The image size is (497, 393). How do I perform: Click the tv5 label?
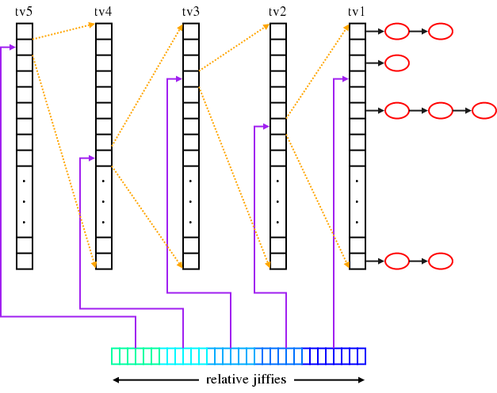[x=24, y=11]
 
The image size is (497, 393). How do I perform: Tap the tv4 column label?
[x=103, y=11]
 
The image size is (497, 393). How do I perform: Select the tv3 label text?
[x=190, y=11]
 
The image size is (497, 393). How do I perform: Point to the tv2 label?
[x=277, y=11]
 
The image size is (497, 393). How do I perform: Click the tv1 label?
[x=357, y=11]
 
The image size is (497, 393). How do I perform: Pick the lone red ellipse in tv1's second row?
[x=396, y=63]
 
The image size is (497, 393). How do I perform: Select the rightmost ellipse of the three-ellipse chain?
[x=484, y=110]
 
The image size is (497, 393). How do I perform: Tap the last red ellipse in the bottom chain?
[x=440, y=261]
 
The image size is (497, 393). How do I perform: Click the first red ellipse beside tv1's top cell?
[x=396, y=32]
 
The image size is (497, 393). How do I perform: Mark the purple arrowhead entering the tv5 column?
[x=13, y=48]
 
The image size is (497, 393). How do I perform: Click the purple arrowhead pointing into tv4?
[x=92, y=158]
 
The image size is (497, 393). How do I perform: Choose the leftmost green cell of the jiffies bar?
[x=116, y=357]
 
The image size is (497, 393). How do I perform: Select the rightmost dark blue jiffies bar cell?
[x=361, y=357]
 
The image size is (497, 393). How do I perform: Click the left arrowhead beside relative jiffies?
[x=117, y=380]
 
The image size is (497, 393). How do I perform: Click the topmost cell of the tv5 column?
[x=24, y=31]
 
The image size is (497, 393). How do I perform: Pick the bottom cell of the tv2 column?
[x=277, y=261]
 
